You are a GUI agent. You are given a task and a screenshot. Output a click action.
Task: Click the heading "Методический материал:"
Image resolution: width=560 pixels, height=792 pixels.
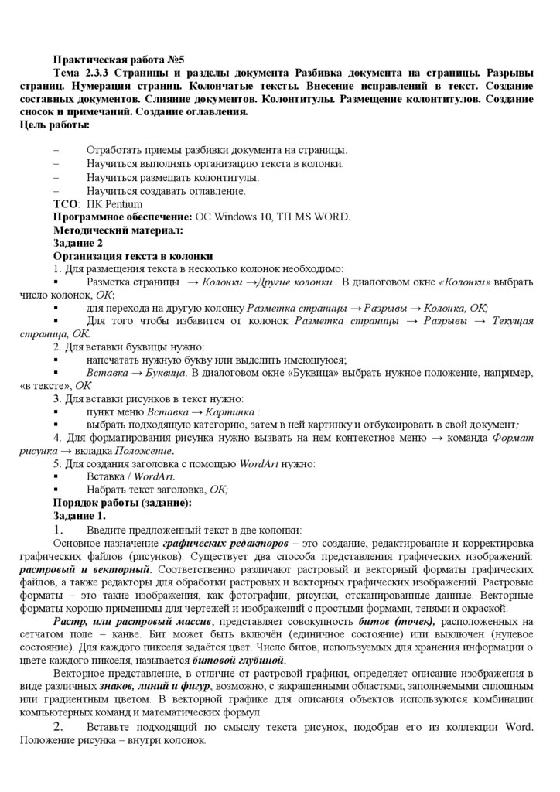pyautogui.click(x=118, y=230)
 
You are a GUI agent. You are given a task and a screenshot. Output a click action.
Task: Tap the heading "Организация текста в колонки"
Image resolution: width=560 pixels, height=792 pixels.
pyautogui.click(x=133, y=256)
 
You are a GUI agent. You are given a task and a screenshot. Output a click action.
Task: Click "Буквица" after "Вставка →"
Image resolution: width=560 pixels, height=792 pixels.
pyautogui.click(x=166, y=373)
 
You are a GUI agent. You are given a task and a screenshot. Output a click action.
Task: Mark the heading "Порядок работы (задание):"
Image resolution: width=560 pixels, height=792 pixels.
pyautogui.click(x=122, y=503)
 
